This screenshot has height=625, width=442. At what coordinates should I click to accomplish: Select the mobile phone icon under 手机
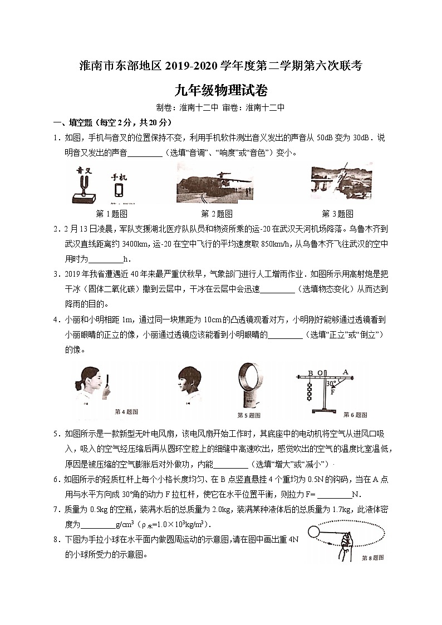(119, 190)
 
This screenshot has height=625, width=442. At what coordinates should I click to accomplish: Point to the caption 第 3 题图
(337, 213)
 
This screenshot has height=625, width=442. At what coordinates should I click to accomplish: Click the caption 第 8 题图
(372, 557)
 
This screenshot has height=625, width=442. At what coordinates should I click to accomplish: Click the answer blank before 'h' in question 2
(105, 258)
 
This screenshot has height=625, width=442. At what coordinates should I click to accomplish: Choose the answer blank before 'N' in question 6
(334, 494)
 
